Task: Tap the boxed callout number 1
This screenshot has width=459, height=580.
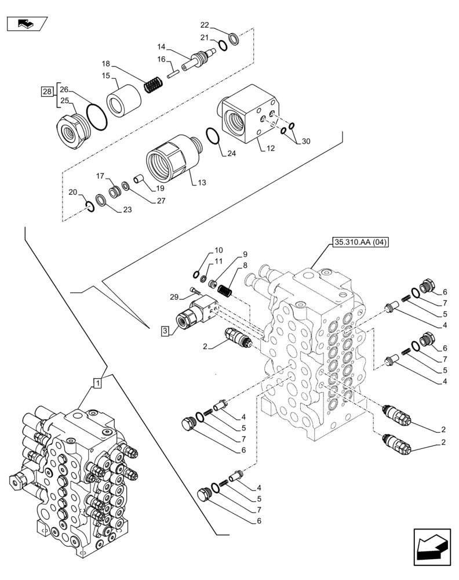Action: click(98, 382)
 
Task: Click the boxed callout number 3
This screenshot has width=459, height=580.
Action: click(165, 331)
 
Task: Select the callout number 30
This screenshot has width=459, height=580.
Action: click(306, 142)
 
